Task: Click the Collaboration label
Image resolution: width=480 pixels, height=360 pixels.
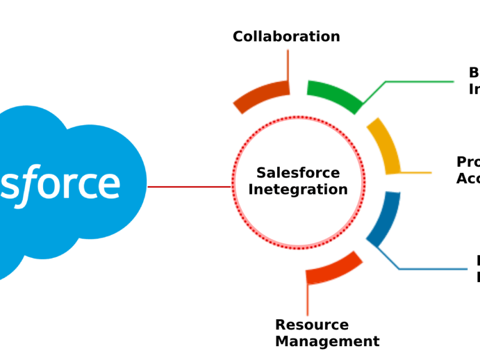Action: tap(286, 37)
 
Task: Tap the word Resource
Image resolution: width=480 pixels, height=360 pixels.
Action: tap(311, 325)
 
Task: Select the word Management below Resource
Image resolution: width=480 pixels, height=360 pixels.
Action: tap(327, 341)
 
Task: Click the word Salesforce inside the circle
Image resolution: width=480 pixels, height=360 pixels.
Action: tap(298, 173)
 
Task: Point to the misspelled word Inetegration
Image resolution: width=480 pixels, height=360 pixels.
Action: tap(298, 190)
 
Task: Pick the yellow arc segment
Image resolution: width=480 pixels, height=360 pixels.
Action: tap(383, 145)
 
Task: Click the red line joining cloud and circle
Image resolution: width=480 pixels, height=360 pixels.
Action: tap(189, 187)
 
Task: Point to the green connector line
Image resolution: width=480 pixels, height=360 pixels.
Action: tap(420, 82)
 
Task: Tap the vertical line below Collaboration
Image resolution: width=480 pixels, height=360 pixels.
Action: tap(288, 63)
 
